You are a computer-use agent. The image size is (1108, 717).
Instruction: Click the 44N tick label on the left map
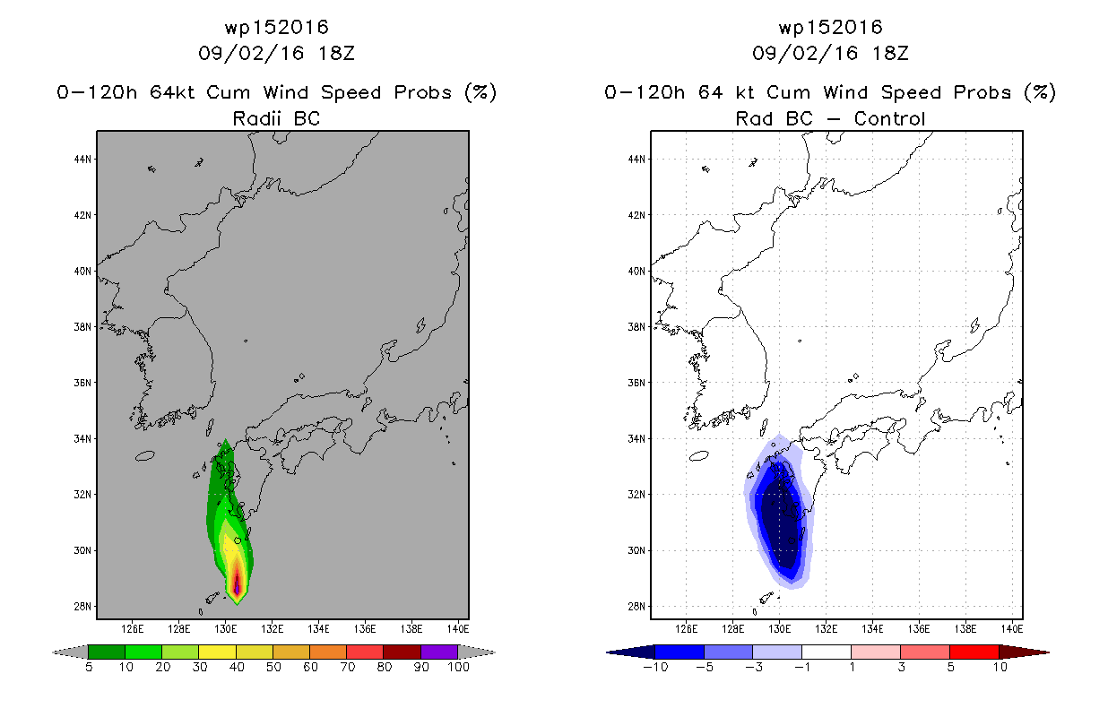click(82, 160)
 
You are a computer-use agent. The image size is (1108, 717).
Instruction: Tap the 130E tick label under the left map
click(225, 629)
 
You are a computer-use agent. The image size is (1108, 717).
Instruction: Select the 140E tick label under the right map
click(1011, 629)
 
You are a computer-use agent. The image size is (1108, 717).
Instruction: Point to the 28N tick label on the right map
click(636, 606)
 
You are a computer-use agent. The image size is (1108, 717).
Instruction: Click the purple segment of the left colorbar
click(439, 652)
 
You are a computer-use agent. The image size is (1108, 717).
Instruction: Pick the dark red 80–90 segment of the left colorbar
click(403, 652)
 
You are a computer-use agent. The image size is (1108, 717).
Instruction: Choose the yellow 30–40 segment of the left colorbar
click(217, 652)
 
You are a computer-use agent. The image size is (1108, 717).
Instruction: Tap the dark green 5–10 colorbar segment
click(107, 652)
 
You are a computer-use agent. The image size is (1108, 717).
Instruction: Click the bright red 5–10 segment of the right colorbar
click(974, 652)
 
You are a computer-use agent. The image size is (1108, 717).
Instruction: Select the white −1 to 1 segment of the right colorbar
click(827, 652)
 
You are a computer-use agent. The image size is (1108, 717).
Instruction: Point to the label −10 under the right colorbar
click(655, 667)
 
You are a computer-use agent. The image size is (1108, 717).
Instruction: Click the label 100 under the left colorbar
click(459, 667)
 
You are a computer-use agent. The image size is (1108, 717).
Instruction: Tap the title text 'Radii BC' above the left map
click(276, 118)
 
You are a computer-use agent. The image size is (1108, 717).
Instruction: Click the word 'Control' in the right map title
click(889, 118)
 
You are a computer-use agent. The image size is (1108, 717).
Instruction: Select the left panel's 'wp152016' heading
click(276, 27)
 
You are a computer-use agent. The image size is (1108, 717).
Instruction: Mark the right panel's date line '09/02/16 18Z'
click(830, 53)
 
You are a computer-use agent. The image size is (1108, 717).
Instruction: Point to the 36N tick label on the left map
click(82, 383)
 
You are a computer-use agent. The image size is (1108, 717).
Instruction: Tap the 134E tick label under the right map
click(872, 629)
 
